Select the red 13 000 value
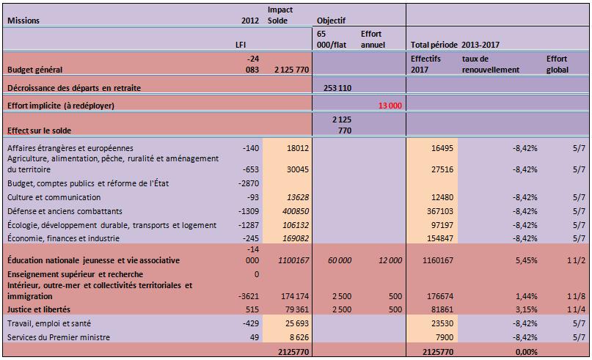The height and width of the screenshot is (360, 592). tap(390, 106)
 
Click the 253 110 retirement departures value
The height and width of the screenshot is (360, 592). tap(337, 87)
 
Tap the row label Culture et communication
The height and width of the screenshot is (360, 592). tap(54, 197)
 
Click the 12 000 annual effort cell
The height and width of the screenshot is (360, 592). tap(389, 260)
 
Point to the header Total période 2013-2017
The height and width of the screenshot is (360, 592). tap(447, 45)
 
